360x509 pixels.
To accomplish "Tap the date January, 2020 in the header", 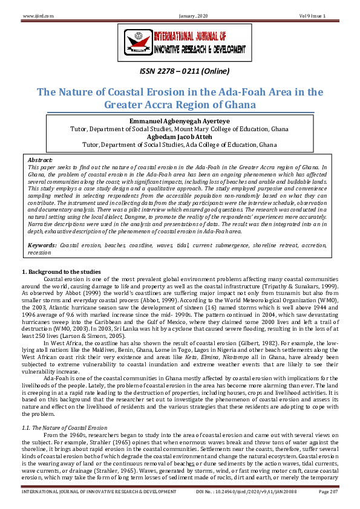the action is tap(180, 15).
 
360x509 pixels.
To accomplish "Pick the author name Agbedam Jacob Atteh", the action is tap(180, 137).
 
